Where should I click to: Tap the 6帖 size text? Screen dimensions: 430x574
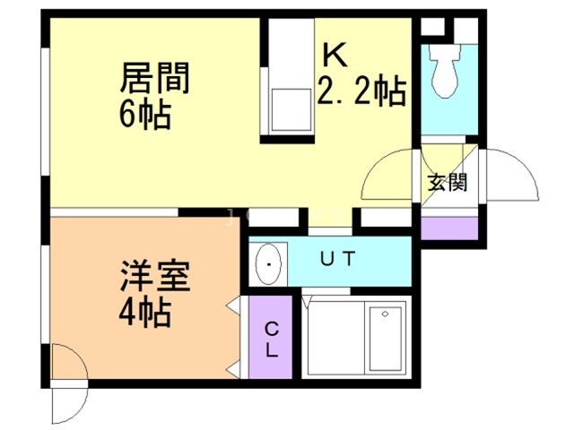[143, 116]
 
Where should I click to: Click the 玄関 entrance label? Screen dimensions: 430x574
[446, 185]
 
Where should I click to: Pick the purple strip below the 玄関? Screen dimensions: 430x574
[445, 228]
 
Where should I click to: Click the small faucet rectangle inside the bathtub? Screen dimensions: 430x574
[386, 314]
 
